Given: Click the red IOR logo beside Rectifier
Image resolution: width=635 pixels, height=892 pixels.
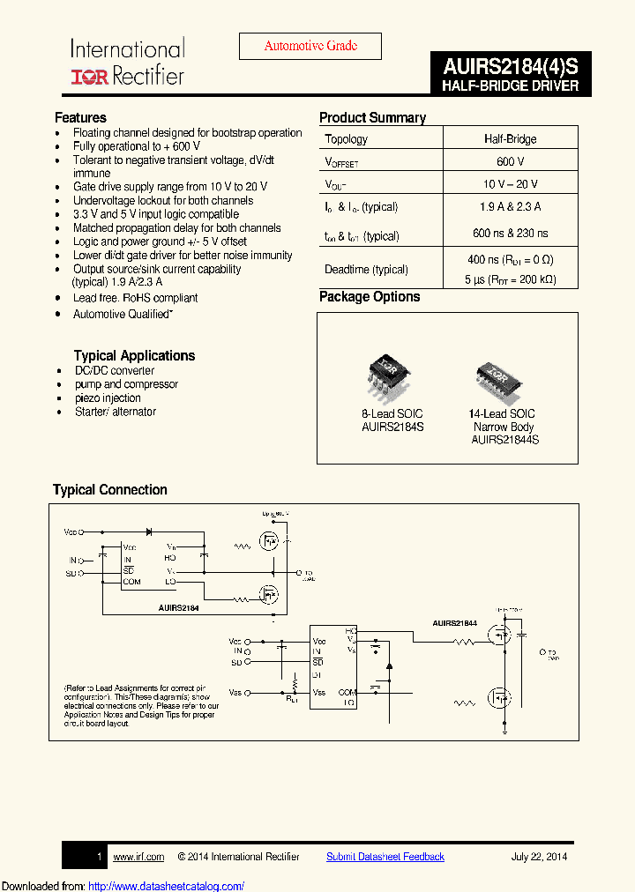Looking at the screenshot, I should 89,77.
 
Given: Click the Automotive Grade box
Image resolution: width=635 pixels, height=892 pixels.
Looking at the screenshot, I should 310,46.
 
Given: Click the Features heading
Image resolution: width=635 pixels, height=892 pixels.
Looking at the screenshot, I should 80,117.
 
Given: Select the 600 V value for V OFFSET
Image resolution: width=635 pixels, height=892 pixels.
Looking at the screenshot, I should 510,161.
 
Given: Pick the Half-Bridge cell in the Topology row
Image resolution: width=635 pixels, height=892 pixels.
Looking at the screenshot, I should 510,138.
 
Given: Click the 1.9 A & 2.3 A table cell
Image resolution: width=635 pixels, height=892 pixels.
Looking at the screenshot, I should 510,207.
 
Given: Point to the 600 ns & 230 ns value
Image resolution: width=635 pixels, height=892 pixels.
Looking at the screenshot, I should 510,234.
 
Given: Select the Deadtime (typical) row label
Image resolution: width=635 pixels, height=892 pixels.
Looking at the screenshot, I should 366,269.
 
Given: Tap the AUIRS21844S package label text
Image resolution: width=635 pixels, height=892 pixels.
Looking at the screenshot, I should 504,439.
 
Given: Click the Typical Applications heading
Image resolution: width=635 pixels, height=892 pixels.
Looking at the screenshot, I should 134,355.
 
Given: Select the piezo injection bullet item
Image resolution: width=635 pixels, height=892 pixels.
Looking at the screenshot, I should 108,398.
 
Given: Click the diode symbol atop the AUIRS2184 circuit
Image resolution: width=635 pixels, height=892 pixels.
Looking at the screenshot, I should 148,532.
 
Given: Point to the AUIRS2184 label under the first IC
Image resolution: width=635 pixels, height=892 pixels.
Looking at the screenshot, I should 179,608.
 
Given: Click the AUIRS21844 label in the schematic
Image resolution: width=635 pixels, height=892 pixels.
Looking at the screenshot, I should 455,623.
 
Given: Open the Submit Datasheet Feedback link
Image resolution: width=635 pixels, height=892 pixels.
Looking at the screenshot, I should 385,856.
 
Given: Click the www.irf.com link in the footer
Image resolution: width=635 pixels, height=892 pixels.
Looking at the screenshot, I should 138,856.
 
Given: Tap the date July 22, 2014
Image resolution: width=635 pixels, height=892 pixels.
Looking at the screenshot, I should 539,856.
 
